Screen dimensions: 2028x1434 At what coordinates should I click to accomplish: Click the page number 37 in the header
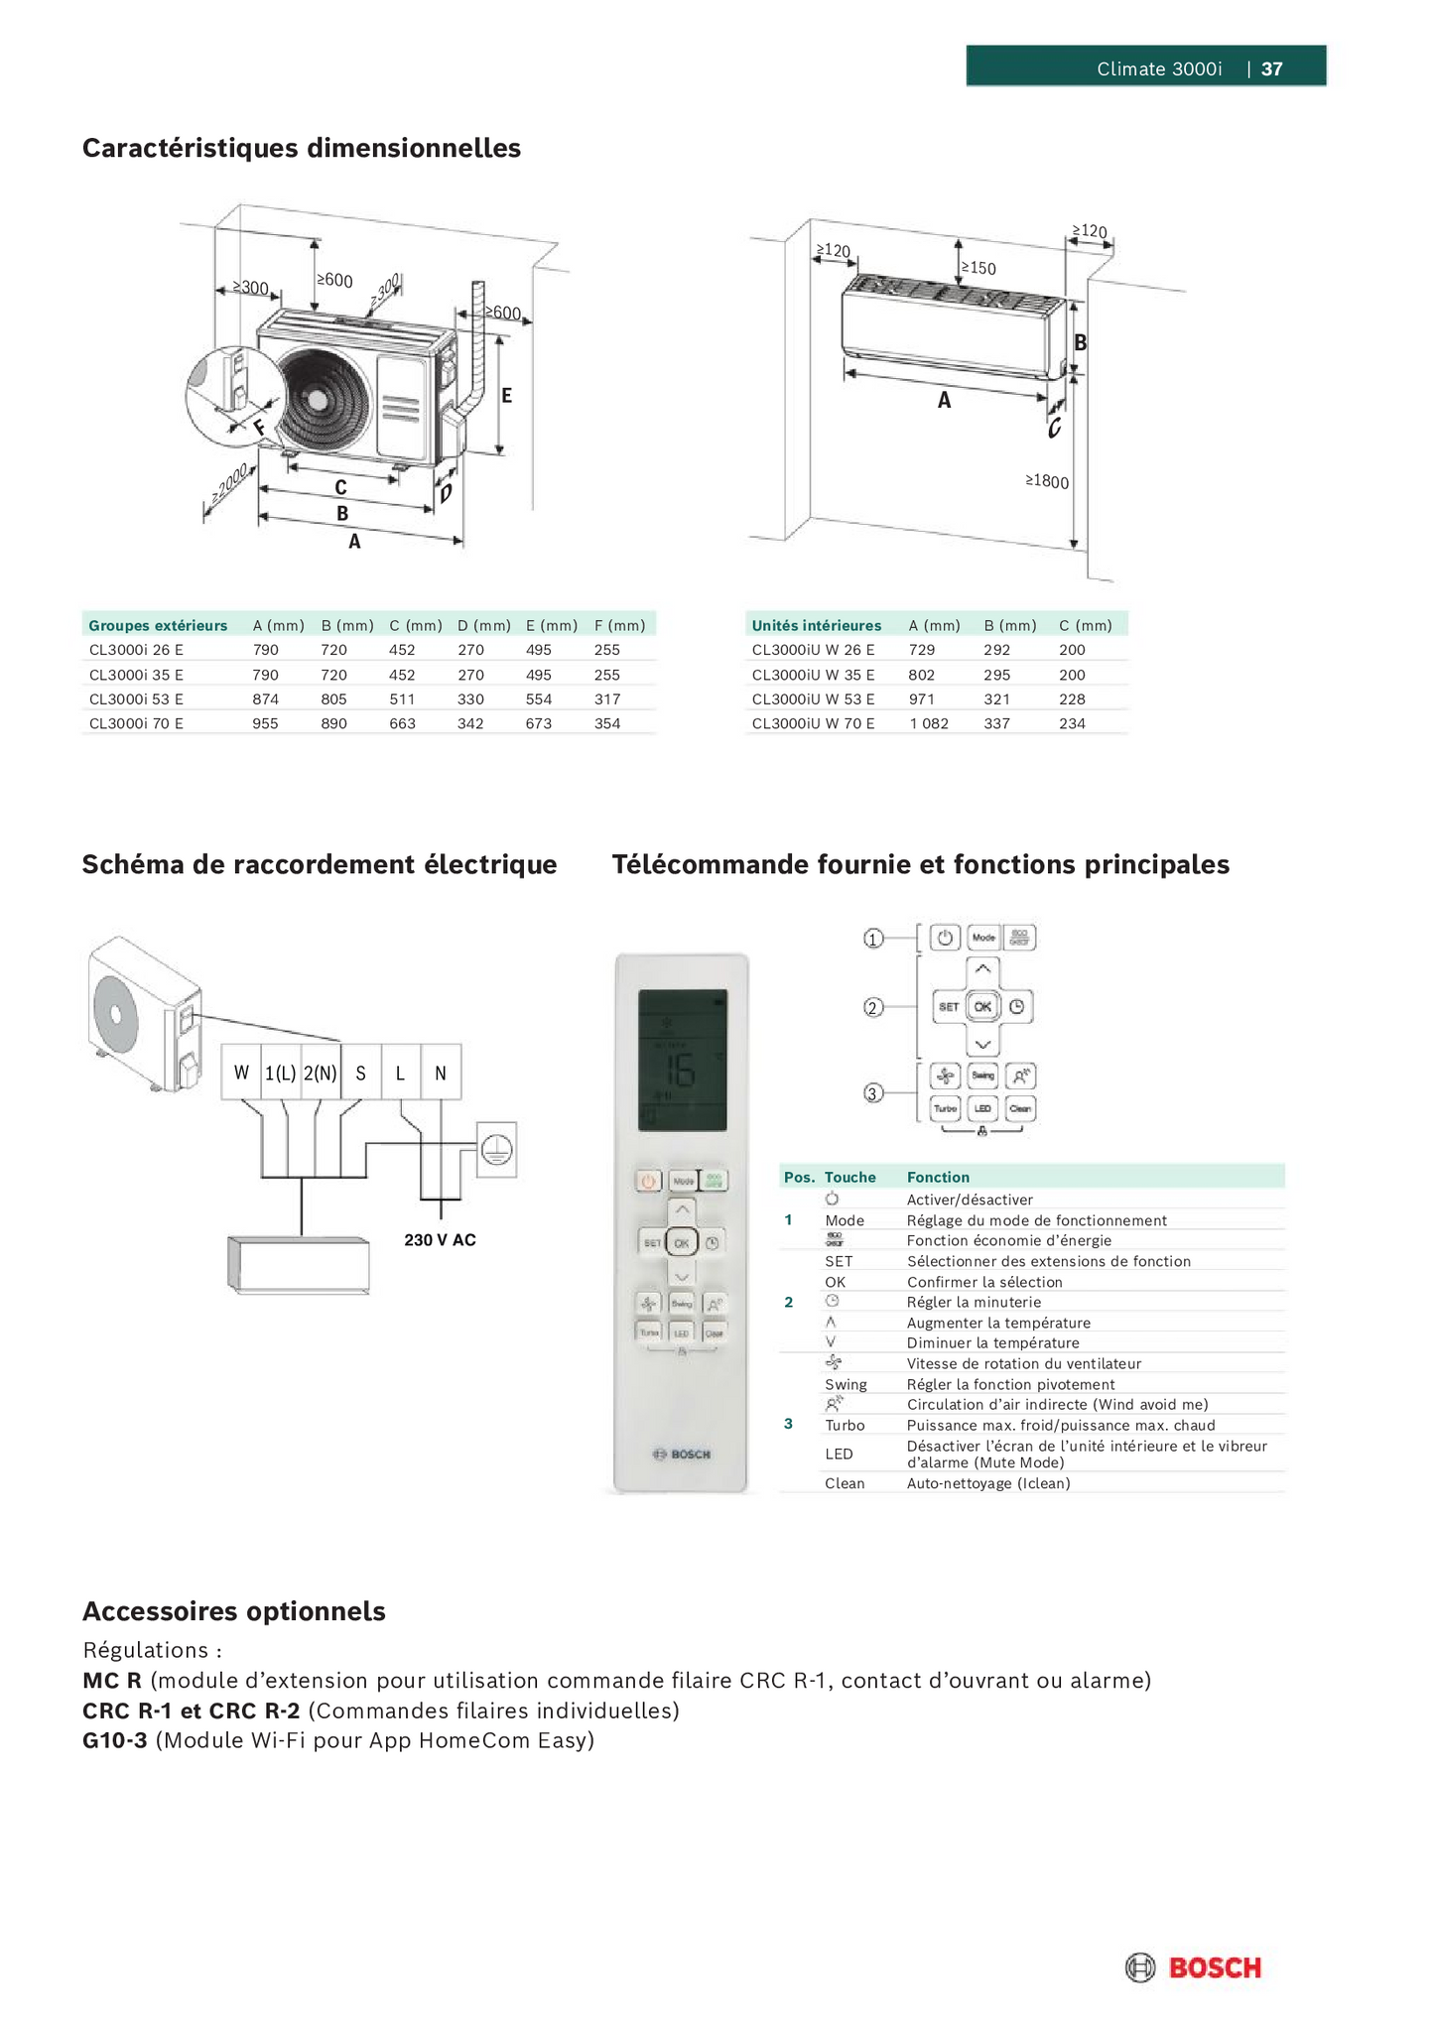coord(1271,68)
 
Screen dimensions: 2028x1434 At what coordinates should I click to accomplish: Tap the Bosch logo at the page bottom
coord(1193,1967)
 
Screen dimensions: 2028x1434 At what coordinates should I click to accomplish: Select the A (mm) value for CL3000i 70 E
coord(265,723)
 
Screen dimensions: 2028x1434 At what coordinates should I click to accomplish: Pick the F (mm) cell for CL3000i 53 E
coord(606,698)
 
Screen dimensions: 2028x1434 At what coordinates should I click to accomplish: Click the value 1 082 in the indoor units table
coord(928,723)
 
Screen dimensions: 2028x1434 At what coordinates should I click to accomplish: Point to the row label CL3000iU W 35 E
coord(813,675)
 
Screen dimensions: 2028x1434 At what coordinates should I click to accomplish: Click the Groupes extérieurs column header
coord(158,625)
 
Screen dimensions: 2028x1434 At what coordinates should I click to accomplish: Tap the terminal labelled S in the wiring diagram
coord(360,1073)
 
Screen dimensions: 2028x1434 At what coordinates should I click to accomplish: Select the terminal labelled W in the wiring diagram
coord(241,1073)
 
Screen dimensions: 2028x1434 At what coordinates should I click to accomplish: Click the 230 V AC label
coord(440,1239)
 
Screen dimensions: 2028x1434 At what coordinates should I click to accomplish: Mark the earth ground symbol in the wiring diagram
coord(496,1149)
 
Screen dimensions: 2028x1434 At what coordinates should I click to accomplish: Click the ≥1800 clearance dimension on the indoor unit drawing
coord(1047,481)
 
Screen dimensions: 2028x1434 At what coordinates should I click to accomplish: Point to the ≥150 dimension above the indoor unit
coord(978,268)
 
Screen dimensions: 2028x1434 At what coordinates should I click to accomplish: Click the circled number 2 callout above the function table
coord(872,1007)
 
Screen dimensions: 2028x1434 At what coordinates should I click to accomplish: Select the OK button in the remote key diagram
coord(981,1006)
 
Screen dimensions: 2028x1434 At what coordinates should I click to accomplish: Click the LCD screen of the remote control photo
coord(682,1060)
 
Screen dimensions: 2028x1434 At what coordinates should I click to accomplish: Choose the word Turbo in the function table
coord(845,1425)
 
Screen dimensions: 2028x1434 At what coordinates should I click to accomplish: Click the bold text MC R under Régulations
coord(112,1680)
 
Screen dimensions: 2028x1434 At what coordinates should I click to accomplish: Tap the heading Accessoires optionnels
coord(234,1610)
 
